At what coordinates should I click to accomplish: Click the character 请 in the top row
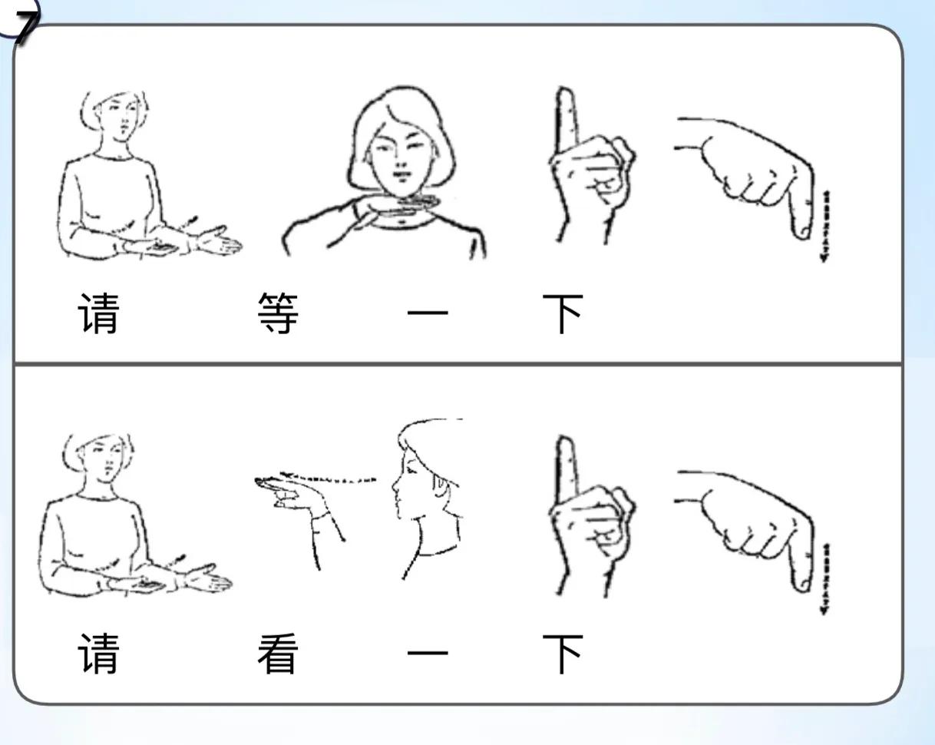(98, 313)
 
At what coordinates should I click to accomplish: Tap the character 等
(278, 313)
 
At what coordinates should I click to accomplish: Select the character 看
(278, 654)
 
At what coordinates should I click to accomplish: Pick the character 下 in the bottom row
(563, 654)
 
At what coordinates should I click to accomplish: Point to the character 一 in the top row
(428, 313)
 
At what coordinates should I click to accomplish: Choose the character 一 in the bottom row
(428, 653)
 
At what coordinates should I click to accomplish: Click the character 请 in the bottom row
(98, 654)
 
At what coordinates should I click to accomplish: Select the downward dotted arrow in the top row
(825, 226)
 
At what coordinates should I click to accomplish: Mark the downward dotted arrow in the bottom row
(825, 579)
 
